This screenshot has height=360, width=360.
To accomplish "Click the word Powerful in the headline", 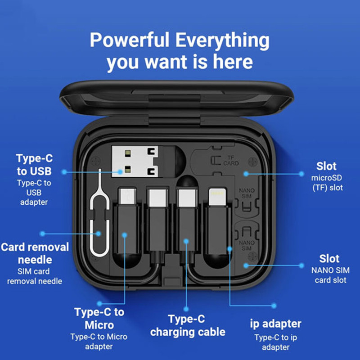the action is (x=130, y=40).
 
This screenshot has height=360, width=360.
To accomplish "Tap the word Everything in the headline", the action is (x=222, y=41).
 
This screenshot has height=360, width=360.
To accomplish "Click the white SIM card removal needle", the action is (x=99, y=213).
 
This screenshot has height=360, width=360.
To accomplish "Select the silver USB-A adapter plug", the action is (x=135, y=162).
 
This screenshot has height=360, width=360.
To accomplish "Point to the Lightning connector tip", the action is (x=217, y=197).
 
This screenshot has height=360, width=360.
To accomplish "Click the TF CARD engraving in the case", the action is (x=231, y=161).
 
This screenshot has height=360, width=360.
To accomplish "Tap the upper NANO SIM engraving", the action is (x=247, y=193).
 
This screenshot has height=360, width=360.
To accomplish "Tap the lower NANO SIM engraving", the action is (x=247, y=245).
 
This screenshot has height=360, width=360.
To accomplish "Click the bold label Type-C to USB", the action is (x=35, y=165).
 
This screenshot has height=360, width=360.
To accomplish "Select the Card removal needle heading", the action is (x=35, y=253).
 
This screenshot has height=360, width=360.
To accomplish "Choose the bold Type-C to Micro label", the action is (x=99, y=318).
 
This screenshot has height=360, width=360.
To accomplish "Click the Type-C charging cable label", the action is (x=188, y=325).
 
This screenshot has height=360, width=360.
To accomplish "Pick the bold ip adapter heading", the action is (x=275, y=324).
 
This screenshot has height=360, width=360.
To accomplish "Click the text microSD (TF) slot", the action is (x=327, y=183).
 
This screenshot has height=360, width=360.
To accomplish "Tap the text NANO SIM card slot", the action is (x=330, y=275).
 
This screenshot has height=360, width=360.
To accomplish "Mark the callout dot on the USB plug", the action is (x=120, y=172).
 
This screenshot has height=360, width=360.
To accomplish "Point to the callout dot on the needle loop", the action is (x=98, y=234).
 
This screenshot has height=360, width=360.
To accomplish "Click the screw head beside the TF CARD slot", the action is (x=252, y=162).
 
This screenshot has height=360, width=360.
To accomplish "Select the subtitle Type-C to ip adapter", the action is (x=275, y=342).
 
